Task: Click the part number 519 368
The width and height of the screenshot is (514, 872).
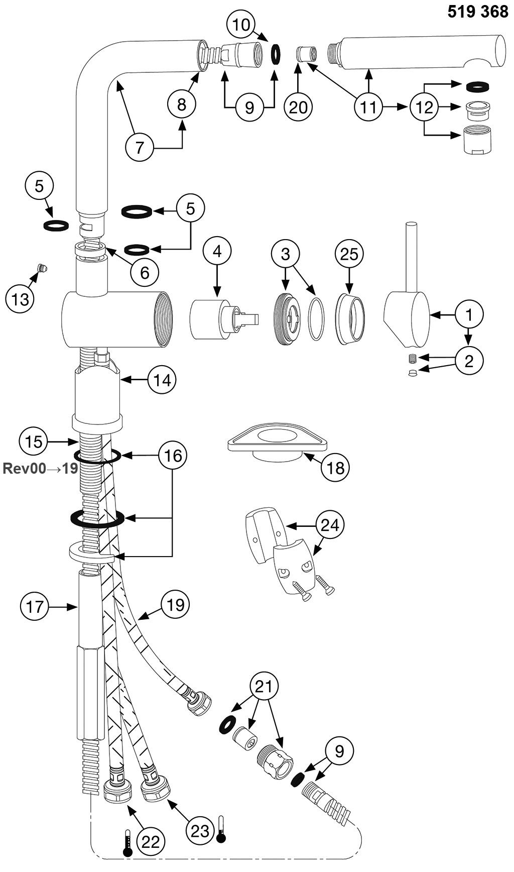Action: coord(477,12)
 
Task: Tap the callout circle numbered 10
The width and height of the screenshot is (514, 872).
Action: coord(241,25)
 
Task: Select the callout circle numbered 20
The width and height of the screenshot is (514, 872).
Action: coord(298,107)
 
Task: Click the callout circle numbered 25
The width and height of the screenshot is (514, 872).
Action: coord(349,254)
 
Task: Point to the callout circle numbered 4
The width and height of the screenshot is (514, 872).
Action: coord(217,251)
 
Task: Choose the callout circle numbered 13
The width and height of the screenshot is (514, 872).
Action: coord(20,300)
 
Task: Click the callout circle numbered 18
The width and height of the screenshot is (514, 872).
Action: coord(335,468)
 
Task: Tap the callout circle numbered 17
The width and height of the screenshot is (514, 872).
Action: coord(35,607)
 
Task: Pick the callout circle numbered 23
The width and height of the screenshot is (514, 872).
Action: coord(200,831)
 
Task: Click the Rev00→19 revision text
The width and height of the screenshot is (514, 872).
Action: coord(40,469)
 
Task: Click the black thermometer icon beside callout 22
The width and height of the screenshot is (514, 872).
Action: coord(128,843)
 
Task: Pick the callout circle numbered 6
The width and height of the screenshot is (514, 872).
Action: coord(145,272)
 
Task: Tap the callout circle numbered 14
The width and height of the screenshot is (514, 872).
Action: coord(162,380)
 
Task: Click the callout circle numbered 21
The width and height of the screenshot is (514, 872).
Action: coord(264,687)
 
